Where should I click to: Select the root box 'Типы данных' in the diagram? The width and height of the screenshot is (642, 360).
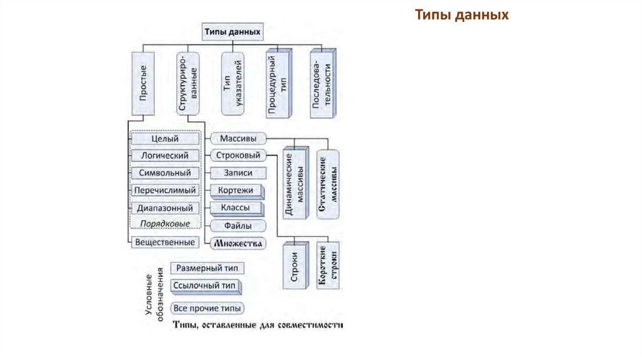231,31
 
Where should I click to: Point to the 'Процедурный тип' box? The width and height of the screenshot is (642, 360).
278,84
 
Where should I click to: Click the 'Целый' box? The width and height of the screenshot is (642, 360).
166,139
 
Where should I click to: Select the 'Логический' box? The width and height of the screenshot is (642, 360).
166,156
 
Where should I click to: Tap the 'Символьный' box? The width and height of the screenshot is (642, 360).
166,172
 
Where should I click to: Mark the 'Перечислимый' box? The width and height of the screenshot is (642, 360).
166,190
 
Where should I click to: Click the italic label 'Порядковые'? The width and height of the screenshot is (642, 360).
166,223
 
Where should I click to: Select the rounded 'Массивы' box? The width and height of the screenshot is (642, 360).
237,139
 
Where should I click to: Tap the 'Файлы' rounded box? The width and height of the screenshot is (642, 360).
237,225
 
